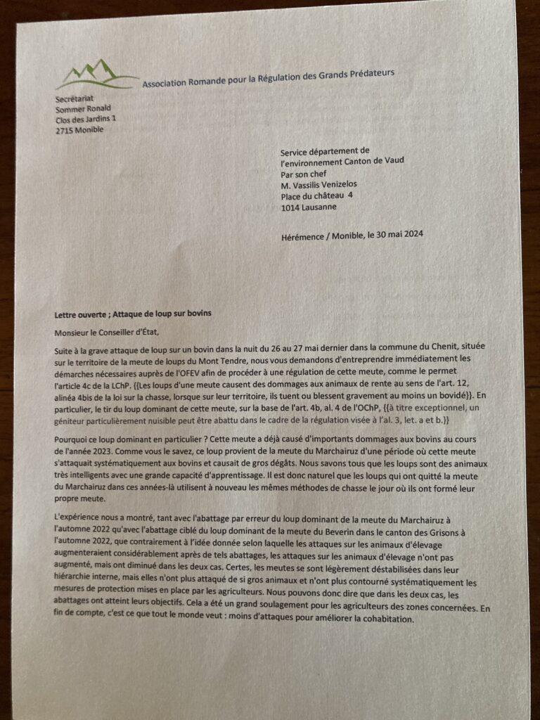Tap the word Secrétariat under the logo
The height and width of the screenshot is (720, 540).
point(74,98)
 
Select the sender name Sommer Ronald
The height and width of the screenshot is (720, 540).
point(83,109)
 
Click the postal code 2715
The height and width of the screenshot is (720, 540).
point(65,130)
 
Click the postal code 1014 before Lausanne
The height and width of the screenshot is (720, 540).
point(291,208)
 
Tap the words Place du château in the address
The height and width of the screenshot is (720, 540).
point(309,196)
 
